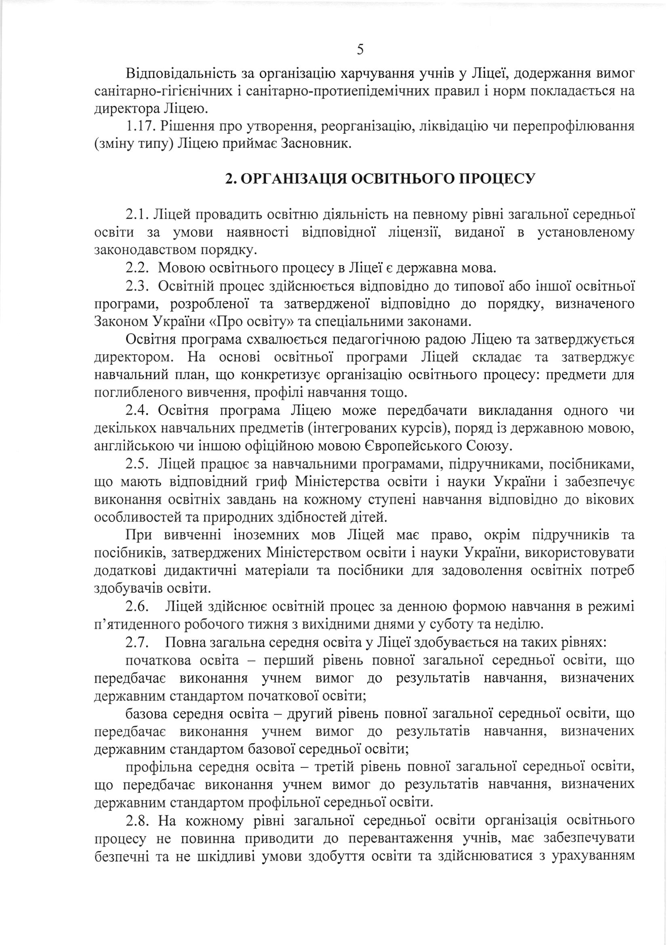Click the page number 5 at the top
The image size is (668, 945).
point(360,50)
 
